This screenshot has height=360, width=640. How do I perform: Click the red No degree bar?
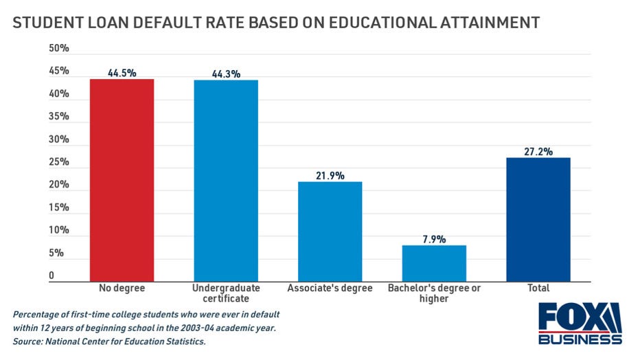tap(121, 179)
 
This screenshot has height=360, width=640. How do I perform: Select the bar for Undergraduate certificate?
tap(226, 180)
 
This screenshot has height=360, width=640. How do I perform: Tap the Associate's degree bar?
tap(330, 231)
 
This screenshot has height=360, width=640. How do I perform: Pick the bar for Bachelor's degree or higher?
tap(434, 262)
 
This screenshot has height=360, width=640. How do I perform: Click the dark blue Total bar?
tap(538, 218)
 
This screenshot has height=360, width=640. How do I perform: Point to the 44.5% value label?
tap(121, 72)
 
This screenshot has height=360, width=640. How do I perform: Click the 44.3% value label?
tap(226, 74)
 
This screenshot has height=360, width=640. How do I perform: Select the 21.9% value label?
tap(330, 175)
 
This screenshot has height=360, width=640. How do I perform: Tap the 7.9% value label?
tap(434, 239)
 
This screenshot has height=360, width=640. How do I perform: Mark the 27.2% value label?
tap(538, 151)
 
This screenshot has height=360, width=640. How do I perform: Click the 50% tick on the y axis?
tap(58, 49)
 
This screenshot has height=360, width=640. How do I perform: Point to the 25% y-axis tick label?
tap(58, 162)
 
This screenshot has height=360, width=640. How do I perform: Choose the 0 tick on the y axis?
tap(52, 275)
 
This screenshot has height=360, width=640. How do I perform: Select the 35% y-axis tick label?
tap(58, 117)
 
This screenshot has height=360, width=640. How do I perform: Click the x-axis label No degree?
tap(121, 289)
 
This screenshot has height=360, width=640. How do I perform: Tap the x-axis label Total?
tap(538, 289)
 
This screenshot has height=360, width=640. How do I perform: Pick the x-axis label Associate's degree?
tap(330, 289)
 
